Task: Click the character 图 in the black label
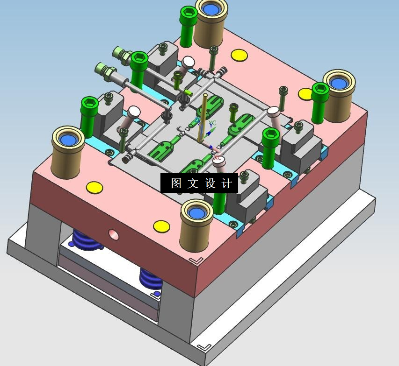(x=176, y=183)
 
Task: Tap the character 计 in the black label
(x=227, y=183)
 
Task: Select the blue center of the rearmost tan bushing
(x=211, y=9)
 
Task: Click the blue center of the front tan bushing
(x=196, y=213)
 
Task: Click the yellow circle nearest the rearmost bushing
(x=239, y=55)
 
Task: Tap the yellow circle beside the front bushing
(x=161, y=226)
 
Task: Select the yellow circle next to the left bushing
(x=94, y=188)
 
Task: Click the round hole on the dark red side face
(x=114, y=235)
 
